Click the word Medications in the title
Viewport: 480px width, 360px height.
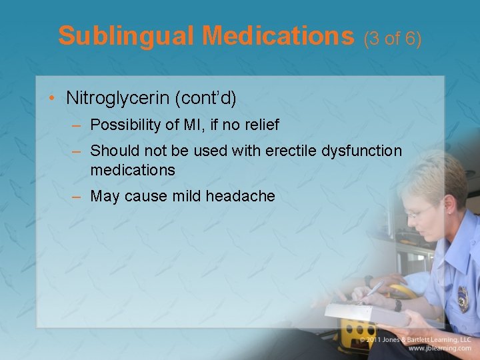[x=279, y=36]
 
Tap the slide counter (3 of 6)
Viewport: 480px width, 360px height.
[x=393, y=39]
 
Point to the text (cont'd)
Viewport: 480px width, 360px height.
[x=205, y=98]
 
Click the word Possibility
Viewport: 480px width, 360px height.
[x=123, y=125]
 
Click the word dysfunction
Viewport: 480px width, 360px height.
[x=361, y=151]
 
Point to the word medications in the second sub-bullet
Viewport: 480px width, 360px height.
[x=132, y=170]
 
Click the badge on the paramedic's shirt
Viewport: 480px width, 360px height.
[x=463, y=298]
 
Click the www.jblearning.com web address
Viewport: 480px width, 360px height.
[x=439, y=349]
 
